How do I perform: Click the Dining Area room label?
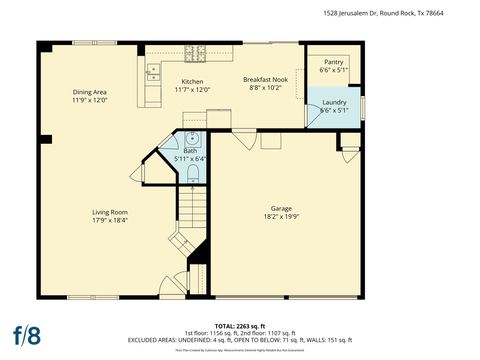(89, 92)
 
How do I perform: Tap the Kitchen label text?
(192, 82)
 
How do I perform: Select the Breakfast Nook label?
(265, 79)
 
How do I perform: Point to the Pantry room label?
(333, 62)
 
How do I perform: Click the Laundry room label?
(334, 101)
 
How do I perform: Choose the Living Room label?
(110, 212)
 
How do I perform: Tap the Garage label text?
(281, 208)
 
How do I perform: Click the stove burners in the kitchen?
(200, 50)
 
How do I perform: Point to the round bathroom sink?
(192, 140)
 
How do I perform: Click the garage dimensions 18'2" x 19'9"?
(281, 217)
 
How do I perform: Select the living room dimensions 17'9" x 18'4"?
(110, 221)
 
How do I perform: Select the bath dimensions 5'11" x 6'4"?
(189, 158)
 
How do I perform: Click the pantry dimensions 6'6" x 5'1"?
(333, 71)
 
